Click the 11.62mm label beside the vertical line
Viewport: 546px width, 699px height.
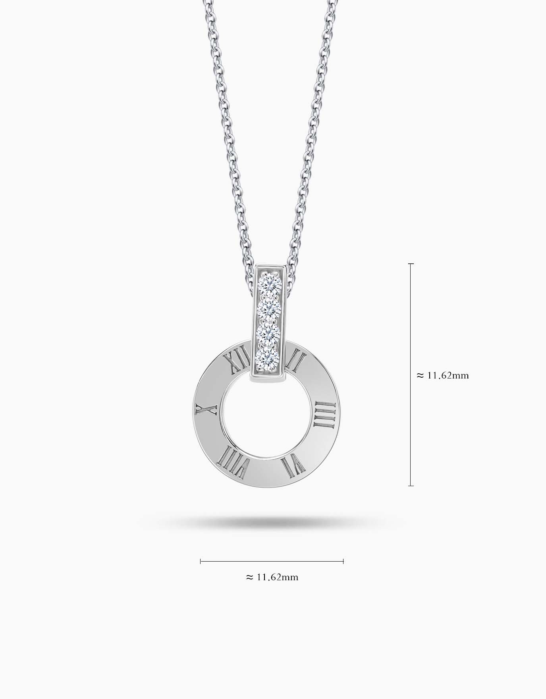click(x=443, y=375)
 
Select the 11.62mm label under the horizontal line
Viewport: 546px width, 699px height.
click(x=272, y=577)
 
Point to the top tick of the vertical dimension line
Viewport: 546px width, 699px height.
click(x=411, y=264)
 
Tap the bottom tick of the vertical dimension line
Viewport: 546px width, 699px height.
click(x=411, y=485)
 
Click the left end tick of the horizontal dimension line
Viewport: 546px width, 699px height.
click(x=201, y=561)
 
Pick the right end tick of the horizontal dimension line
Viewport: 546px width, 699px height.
click(x=343, y=561)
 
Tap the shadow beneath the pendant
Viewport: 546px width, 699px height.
click(x=272, y=523)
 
